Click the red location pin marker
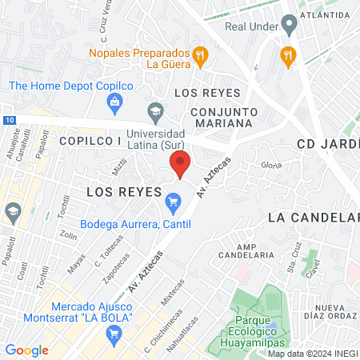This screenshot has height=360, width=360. [180, 164]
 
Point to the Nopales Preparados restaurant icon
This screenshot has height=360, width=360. [201, 56]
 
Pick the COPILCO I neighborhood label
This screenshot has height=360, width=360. [90, 140]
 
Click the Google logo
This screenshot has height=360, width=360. [26, 350]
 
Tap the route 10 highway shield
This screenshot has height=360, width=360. [8, 120]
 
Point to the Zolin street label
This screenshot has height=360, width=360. [70, 236]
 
